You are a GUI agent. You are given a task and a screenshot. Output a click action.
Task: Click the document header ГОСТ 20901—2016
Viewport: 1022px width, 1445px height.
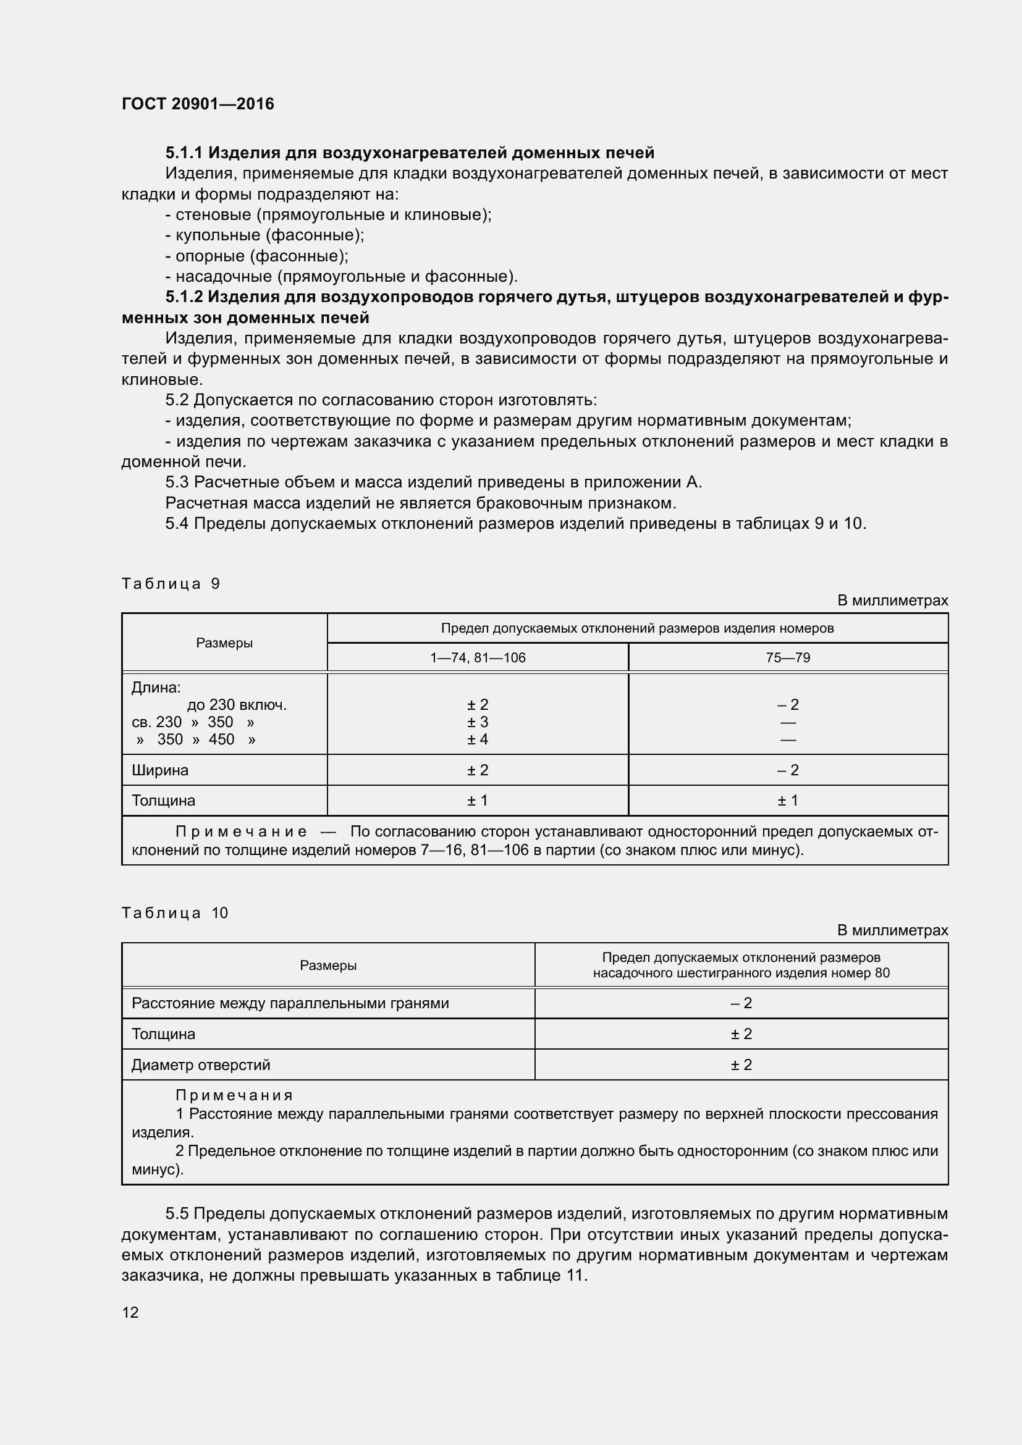(198, 104)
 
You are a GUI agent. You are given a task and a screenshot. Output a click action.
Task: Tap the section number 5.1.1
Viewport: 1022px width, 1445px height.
(184, 153)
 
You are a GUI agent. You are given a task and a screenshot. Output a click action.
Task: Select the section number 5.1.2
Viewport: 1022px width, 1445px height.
(184, 297)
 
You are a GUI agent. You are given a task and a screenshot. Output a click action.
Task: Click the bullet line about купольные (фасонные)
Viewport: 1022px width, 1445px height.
(264, 235)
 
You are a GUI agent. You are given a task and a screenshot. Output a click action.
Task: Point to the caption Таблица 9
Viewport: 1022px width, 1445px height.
(171, 583)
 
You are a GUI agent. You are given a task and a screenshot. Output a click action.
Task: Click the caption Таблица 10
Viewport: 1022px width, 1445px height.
(174, 912)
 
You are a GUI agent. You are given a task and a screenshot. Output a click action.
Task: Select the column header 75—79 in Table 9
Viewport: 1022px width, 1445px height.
(788, 658)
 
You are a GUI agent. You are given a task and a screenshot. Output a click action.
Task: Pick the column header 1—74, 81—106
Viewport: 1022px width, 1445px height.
(478, 658)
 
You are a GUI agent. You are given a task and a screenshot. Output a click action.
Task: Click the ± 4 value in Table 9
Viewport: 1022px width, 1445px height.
(478, 739)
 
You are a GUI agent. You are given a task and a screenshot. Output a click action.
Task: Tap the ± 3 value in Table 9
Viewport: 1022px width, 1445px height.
(478, 722)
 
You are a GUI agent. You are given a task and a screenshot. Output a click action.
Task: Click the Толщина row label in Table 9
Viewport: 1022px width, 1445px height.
(164, 801)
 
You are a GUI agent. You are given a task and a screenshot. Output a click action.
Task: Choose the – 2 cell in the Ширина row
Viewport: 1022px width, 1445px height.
(788, 770)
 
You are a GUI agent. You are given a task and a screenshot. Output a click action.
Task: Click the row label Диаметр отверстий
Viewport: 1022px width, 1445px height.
(201, 1065)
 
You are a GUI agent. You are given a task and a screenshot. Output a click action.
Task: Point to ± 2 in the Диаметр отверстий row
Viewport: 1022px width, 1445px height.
(741, 1065)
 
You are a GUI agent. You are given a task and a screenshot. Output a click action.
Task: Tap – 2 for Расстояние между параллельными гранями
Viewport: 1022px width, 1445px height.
(741, 1003)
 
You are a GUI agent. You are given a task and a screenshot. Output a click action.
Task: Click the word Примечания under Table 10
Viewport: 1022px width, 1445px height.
(234, 1096)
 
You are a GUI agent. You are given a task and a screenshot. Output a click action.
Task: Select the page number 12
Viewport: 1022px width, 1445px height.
(130, 1312)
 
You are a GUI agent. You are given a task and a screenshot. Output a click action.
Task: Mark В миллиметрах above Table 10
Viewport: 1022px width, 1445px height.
(892, 930)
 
